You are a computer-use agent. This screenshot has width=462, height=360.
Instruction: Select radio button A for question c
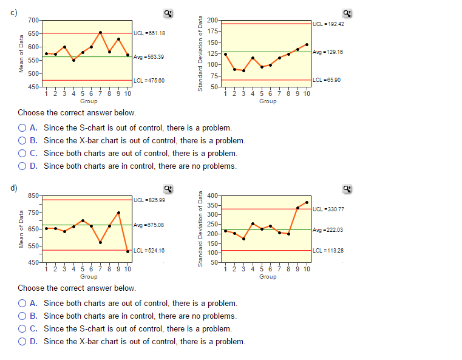coord(22,128)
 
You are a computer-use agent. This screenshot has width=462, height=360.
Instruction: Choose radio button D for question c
coord(22,166)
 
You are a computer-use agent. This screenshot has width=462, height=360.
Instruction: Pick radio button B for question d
coord(22,316)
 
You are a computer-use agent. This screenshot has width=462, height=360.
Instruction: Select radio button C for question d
coord(22,328)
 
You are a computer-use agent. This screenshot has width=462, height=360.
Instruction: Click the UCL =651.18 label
coord(149,33)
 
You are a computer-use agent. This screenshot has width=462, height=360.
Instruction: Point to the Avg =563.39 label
coord(149,56)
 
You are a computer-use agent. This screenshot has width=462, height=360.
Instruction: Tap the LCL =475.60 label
coord(149,80)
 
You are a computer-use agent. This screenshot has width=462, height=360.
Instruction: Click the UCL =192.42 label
coord(328,24)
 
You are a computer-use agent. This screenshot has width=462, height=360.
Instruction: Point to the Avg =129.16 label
coord(328,52)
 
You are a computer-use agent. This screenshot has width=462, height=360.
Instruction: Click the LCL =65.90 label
coord(327,80)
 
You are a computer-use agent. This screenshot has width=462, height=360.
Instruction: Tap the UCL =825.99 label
coord(149,200)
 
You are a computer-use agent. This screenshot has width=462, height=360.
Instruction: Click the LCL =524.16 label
coord(149,250)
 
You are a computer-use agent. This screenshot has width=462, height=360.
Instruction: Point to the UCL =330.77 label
coord(328,209)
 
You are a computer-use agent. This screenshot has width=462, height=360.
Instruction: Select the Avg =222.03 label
coord(328,229)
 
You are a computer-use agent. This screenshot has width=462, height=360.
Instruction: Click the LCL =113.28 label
coord(328,250)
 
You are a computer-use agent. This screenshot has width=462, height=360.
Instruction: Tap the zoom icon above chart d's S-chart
coord(347,189)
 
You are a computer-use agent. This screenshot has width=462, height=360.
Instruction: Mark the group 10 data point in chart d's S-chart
coord(307,202)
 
